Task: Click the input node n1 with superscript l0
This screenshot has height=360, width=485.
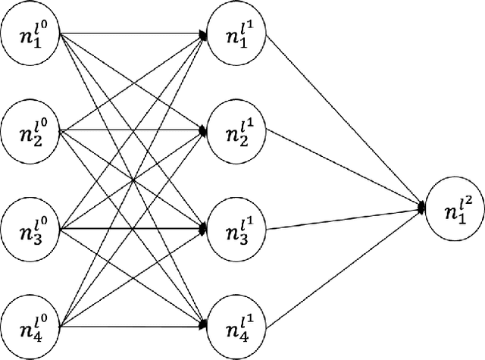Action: pyautogui.click(x=31, y=34)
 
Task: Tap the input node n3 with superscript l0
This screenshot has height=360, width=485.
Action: pyautogui.click(x=31, y=228)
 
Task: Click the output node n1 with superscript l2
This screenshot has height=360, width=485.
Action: pyautogui.click(x=453, y=204)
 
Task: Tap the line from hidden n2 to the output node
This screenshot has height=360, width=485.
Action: pyautogui.click(x=341, y=166)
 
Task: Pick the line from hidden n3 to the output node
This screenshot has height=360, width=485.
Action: pyautogui.click(x=341, y=216)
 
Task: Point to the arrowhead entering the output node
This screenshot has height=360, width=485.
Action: pyautogui.click(x=421, y=204)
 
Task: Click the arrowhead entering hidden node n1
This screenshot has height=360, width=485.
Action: pyautogui.click(x=203, y=34)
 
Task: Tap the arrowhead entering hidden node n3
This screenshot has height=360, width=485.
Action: pyautogui.click(x=203, y=228)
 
